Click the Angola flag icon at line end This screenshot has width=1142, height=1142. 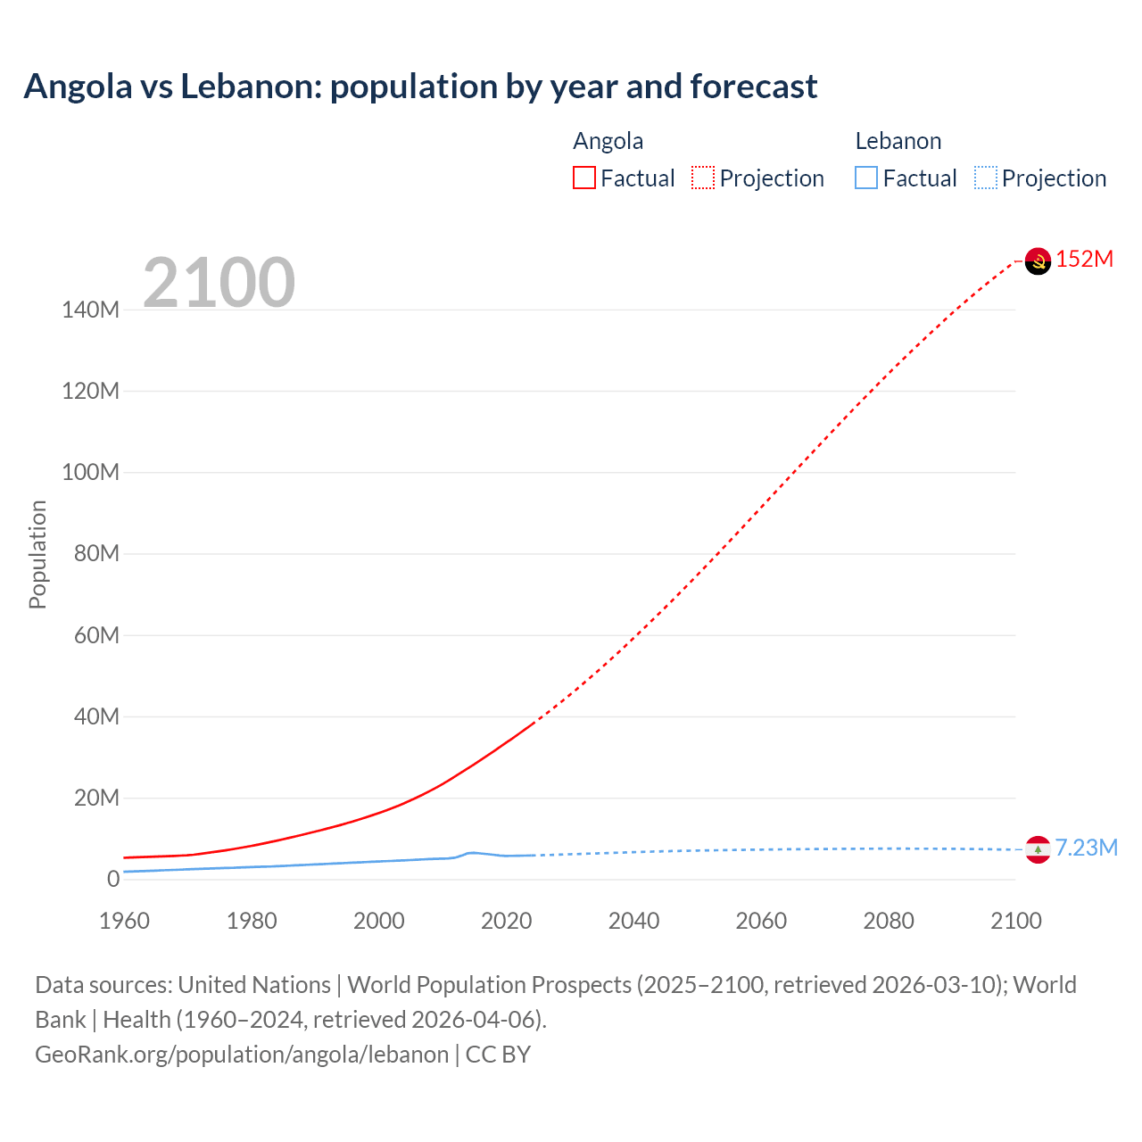tap(1038, 261)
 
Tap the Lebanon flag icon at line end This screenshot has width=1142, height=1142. tap(1038, 849)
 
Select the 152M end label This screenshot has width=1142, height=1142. tap(1085, 259)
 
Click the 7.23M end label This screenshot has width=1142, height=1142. tap(1086, 848)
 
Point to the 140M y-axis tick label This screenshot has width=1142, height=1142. tap(90, 310)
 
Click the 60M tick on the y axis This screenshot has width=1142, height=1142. tap(95, 635)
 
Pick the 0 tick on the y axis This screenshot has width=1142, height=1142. tap(112, 879)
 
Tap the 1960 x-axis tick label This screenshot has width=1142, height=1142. tap(124, 921)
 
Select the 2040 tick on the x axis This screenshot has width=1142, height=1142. tap(633, 921)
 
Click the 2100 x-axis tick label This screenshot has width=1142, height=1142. tap(1015, 921)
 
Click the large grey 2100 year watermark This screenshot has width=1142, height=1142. tap(219, 282)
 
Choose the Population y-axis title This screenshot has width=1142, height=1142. tap(37, 554)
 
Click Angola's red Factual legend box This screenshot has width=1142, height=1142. tap(584, 178)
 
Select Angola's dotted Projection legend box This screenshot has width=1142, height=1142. tap(703, 178)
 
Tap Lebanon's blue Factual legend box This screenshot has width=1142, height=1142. tap(866, 178)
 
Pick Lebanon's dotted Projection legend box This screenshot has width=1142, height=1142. tap(986, 178)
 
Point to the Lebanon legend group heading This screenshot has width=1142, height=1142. tap(898, 141)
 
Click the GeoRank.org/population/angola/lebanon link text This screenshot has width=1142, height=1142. tap(242, 1054)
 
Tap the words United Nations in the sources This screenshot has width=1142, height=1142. tap(254, 984)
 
